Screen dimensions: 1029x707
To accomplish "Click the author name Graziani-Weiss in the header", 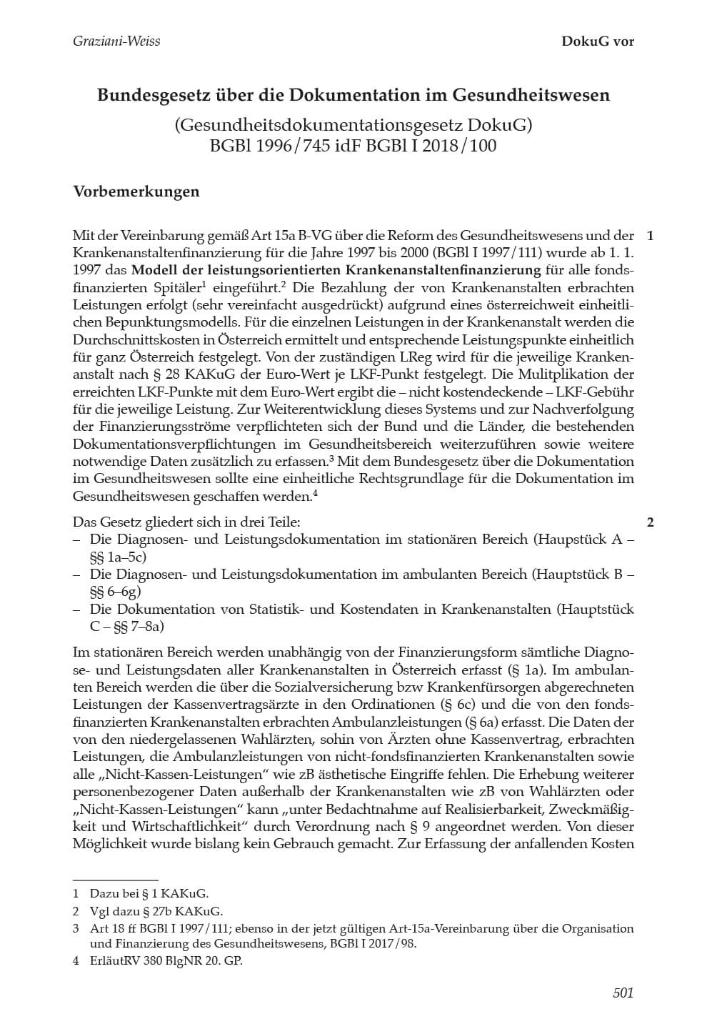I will pyautogui.click(x=116, y=41).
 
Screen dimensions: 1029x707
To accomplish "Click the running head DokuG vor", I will pyautogui.click(x=598, y=41).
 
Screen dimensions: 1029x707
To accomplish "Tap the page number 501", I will pyautogui.click(x=623, y=993).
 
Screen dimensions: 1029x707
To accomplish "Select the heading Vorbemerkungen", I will pyautogui.click(x=136, y=192).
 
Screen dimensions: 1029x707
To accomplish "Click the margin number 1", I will pyautogui.click(x=649, y=236).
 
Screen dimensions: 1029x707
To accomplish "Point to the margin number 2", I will pyautogui.click(x=649, y=522).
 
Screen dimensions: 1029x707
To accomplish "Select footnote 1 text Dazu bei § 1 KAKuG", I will pyautogui.click(x=149, y=893).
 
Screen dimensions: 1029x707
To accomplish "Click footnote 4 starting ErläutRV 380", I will pyautogui.click(x=166, y=961).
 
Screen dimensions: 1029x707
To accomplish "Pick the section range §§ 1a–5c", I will pyautogui.click(x=117, y=557).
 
